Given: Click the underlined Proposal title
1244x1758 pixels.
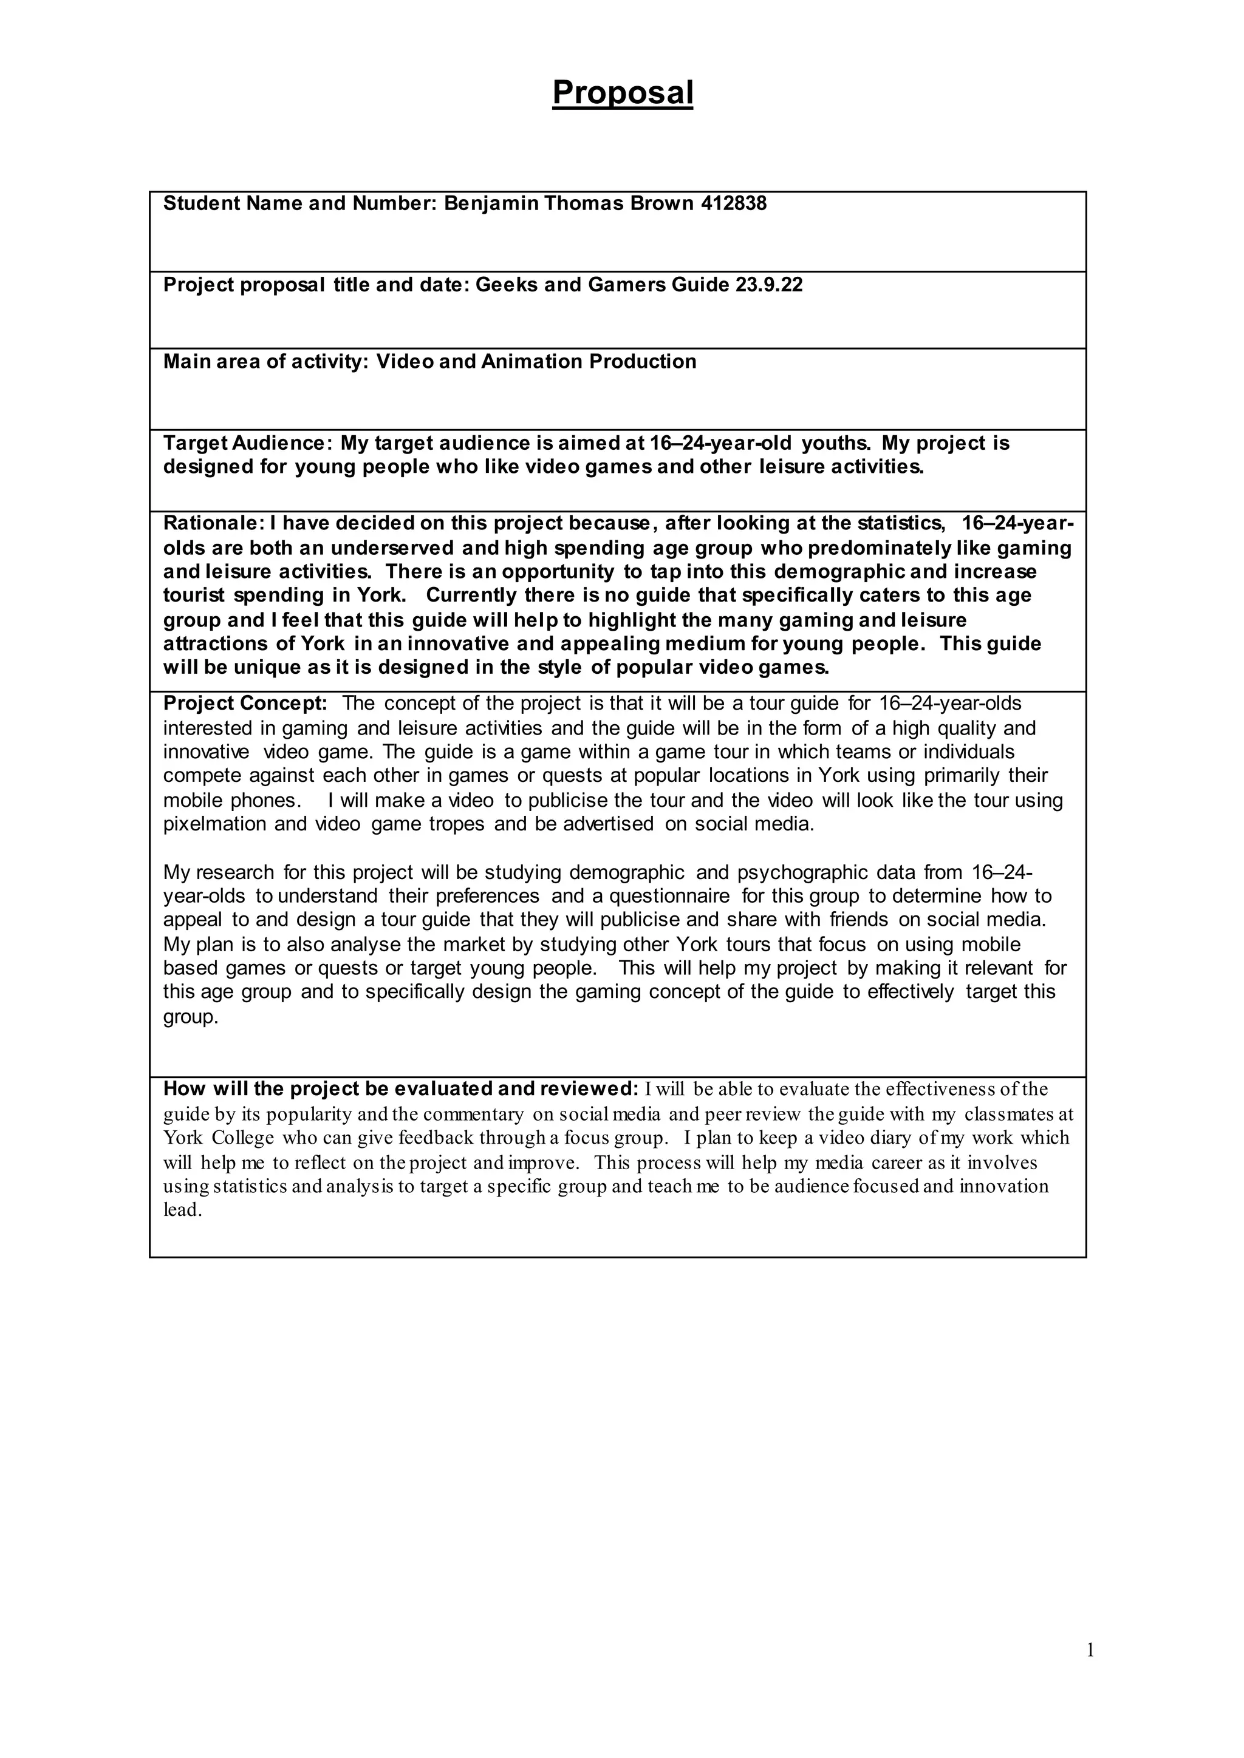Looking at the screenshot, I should point(622,93).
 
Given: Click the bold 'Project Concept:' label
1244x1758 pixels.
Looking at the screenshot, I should point(245,703).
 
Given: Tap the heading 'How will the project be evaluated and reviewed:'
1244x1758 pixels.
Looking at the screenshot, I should point(401,1089).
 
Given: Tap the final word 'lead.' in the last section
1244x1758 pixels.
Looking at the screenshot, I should point(182,1210).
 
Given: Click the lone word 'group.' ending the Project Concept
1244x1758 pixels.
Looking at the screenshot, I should point(191,1017).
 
